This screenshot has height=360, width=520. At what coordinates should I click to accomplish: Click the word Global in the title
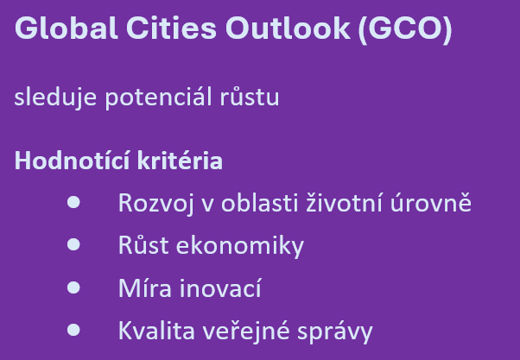coord(67,28)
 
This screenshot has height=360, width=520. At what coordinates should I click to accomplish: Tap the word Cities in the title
coord(171,28)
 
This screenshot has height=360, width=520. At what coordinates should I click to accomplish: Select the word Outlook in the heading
coord(288,28)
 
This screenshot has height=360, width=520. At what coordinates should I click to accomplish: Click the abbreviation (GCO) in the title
coord(405,29)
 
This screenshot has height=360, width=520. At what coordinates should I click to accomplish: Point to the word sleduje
coord(55,98)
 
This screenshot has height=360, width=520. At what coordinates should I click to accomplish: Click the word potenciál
coord(159,98)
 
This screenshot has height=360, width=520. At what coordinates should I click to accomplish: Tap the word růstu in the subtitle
coord(250,98)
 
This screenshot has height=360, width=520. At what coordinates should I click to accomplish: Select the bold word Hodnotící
coord(72,161)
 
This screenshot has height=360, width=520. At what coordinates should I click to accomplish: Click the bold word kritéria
coord(180,161)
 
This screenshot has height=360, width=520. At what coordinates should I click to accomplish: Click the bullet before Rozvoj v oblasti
coord(73,202)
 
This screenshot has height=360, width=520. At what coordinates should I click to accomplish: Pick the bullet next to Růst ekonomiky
coord(73,244)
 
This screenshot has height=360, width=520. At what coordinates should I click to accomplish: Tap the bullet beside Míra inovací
coord(73,287)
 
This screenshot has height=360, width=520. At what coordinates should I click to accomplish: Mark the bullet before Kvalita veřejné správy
coord(73,330)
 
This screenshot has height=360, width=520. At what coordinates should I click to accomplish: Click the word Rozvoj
coord(155,204)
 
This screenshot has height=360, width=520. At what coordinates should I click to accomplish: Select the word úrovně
coord(431,202)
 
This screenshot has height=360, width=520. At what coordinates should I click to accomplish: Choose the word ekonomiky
coord(240,246)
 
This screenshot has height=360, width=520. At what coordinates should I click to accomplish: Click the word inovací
coord(220,287)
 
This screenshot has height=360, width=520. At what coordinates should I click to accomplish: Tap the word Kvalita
coord(156,330)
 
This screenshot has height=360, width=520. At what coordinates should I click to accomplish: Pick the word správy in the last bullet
coord(335,332)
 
